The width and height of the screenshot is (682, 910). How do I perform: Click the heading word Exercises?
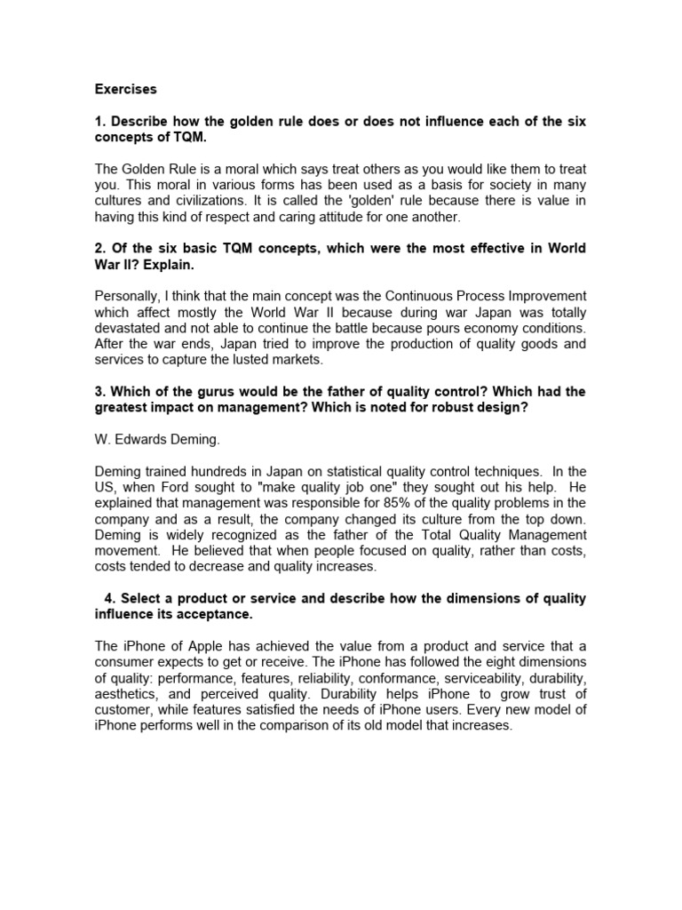[125, 89]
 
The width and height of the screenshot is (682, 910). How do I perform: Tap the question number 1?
[99, 121]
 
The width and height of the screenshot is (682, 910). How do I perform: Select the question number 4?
[107, 599]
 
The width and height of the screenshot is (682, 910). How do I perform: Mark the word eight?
[500, 661]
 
